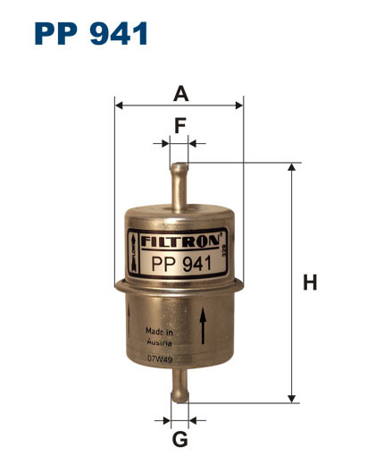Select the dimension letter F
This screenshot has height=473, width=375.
pos(179,127)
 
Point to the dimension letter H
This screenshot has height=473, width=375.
pos(309,283)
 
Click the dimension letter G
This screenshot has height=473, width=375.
pos(179,439)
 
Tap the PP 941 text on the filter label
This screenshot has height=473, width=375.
pos(180,263)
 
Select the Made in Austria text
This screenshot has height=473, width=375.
pos(160,336)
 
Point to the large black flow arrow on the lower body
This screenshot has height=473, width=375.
pos(204,326)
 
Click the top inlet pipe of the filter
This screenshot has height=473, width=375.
pos(179,183)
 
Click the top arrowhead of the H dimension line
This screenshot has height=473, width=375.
pos(291,167)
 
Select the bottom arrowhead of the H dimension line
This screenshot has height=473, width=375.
pos(291,399)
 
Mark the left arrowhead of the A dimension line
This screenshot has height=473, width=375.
pos(120,106)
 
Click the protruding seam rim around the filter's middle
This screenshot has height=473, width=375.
pos(179,286)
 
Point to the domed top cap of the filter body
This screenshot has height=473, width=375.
pos(179,214)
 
